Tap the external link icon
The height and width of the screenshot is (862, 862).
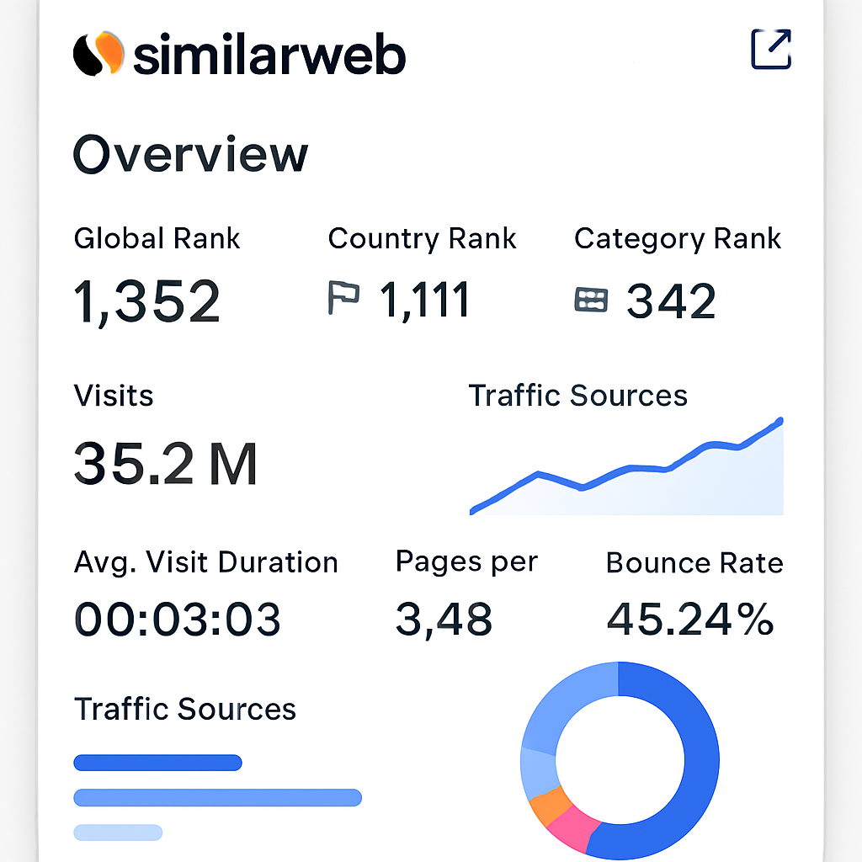pyautogui.click(x=770, y=50)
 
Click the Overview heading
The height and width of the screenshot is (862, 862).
pyautogui.click(x=191, y=155)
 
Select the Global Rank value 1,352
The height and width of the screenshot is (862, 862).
pyautogui.click(x=147, y=301)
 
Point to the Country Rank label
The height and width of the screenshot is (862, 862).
pyautogui.click(x=422, y=239)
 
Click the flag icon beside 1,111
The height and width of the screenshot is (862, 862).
pyautogui.click(x=343, y=299)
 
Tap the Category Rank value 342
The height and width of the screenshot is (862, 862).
pyautogui.click(x=671, y=301)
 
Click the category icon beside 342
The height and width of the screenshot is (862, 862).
pyautogui.click(x=591, y=300)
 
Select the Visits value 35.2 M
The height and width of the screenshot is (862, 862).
pyautogui.click(x=166, y=464)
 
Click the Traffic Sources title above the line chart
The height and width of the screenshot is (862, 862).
pyautogui.click(x=577, y=396)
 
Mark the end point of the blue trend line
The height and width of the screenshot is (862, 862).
pyautogui.click(x=780, y=420)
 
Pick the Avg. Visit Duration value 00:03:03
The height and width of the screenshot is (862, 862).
pyautogui.click(x=178, y=620)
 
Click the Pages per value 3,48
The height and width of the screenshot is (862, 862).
pyautogui.click(x=444, y=620)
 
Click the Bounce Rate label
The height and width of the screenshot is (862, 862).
pyautogui.click(x=694, y=563)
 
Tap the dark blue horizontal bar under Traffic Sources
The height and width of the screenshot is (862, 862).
pyautogui.click(x=158, y=764)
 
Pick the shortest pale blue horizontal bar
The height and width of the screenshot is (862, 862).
pyautogui.click(x=118, y=833)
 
